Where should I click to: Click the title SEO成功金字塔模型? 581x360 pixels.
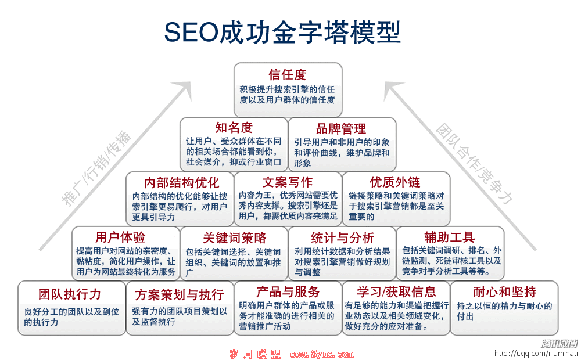(282, 32)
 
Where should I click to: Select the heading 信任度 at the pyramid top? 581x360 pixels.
(288, 75)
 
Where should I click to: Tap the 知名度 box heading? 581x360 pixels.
(234, 128)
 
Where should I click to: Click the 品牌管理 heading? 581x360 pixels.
(341, 128)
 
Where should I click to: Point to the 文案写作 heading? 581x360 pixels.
(288, 182)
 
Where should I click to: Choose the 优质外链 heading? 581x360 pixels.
(395, 182)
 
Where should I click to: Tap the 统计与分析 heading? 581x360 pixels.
(342, 237)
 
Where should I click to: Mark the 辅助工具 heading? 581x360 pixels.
(449, 237)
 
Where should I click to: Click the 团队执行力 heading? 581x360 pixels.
(70, 294)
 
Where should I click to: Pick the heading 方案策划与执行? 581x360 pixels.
(180, 294)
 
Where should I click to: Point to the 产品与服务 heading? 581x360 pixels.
(288, 291)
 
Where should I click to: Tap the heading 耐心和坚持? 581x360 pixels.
(505, 291)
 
